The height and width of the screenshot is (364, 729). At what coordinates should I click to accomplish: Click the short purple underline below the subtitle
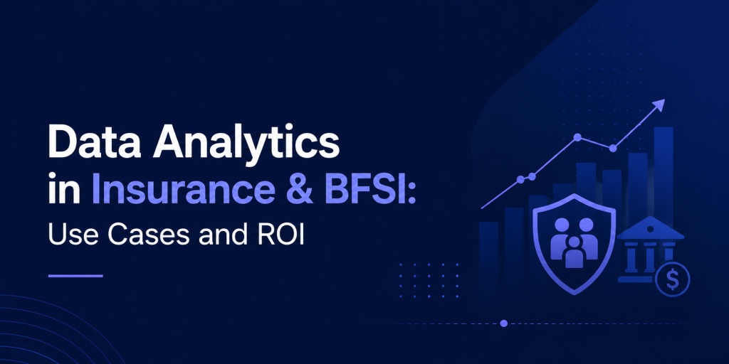pos(75,276)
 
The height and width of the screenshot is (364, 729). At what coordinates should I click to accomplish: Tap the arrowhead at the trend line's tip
pos(659,105)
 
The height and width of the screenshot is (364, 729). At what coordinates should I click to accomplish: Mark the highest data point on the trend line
pos(577,137)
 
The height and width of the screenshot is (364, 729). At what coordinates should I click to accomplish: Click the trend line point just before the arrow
pos(613,148)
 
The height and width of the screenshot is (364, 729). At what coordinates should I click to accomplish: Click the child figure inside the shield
pos(575,252)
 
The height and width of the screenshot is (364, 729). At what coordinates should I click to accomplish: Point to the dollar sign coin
pos(672,279)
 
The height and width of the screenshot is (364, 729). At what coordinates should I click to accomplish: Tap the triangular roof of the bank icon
pos(651,228)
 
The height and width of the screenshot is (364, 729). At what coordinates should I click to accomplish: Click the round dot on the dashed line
pos(503,323)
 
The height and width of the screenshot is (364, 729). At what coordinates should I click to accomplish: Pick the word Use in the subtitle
pos(73,235)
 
